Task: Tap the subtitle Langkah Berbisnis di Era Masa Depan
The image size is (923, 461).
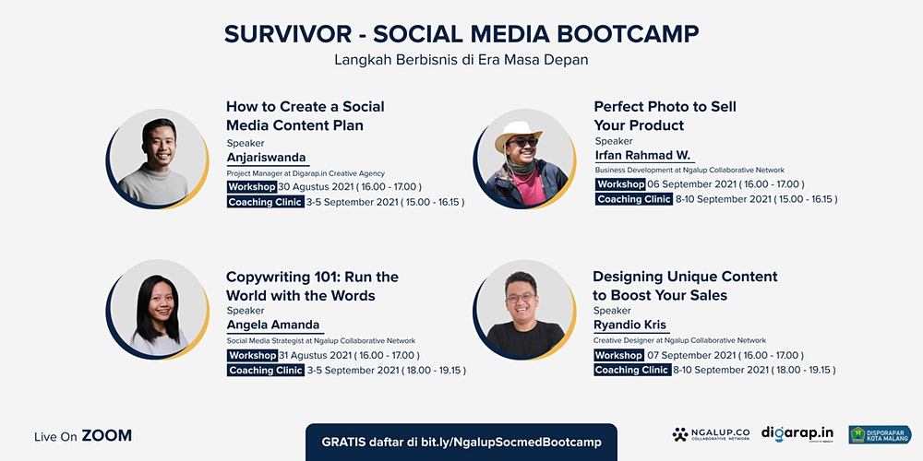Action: coord(461,60)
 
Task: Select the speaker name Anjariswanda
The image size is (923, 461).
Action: coord(267,158)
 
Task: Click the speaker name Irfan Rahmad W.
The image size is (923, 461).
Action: coord(642,156)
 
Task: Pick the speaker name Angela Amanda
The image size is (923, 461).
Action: coord(273,325)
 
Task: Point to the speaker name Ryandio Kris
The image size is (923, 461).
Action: coord(629,325)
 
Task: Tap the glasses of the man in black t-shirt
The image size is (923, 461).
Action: coord(521,298)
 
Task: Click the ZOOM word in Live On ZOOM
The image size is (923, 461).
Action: coord(106,436)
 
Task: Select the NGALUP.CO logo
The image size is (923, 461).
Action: coord(711,434)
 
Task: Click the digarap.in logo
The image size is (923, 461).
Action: coord(797,434)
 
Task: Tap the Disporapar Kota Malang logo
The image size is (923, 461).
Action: coord(880,434)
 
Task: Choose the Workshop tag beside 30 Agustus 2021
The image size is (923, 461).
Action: coord(252,187)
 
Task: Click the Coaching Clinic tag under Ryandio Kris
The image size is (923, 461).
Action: coord(632,370)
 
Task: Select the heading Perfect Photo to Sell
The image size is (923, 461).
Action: coord(665,107)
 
